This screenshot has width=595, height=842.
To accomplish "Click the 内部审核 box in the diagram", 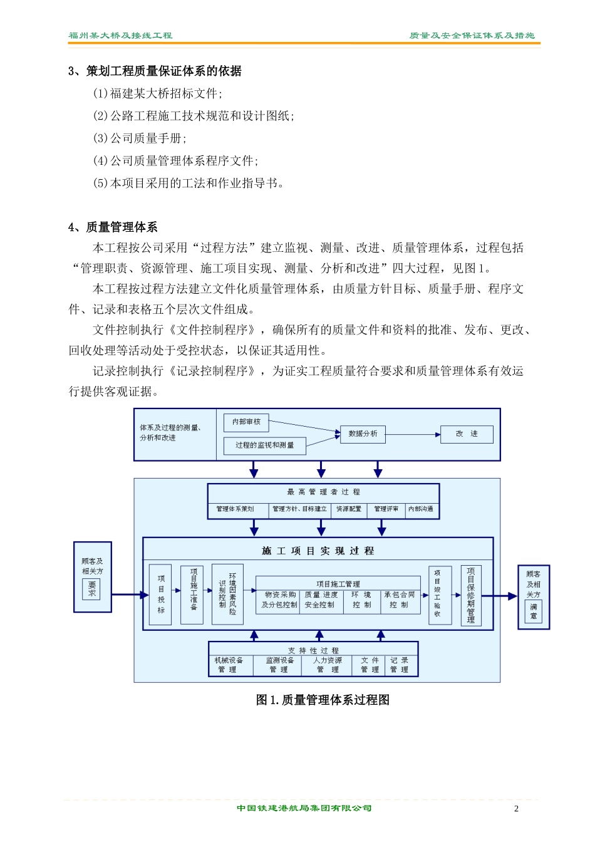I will (246, 422).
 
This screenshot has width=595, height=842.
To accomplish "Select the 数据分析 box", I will (363, 434).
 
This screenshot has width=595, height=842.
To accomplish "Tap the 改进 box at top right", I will (466, 434).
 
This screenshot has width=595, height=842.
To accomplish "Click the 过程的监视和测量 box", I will (264, 445).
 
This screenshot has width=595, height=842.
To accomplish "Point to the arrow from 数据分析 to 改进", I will (413, 434).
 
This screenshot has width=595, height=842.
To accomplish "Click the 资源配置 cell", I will (349, 509).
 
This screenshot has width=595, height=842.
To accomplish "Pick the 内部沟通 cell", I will (421, 509).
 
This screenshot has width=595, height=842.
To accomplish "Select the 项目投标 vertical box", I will (161, 594).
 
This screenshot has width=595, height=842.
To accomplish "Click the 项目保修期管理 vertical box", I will (471, 595).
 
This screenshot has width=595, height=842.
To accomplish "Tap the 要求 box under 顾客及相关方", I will (92, 589).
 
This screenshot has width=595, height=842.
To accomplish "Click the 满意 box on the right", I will (533, 611).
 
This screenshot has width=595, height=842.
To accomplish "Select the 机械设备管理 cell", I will (229, 665).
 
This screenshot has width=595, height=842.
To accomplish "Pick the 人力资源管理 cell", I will (328, 665).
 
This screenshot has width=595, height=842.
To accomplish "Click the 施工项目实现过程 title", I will (318, 551).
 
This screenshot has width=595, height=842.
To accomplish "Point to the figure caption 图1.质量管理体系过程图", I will (323, 700).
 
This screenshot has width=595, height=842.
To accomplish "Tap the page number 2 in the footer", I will (516, 809).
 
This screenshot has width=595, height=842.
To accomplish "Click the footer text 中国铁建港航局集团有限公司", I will (304, 808).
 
